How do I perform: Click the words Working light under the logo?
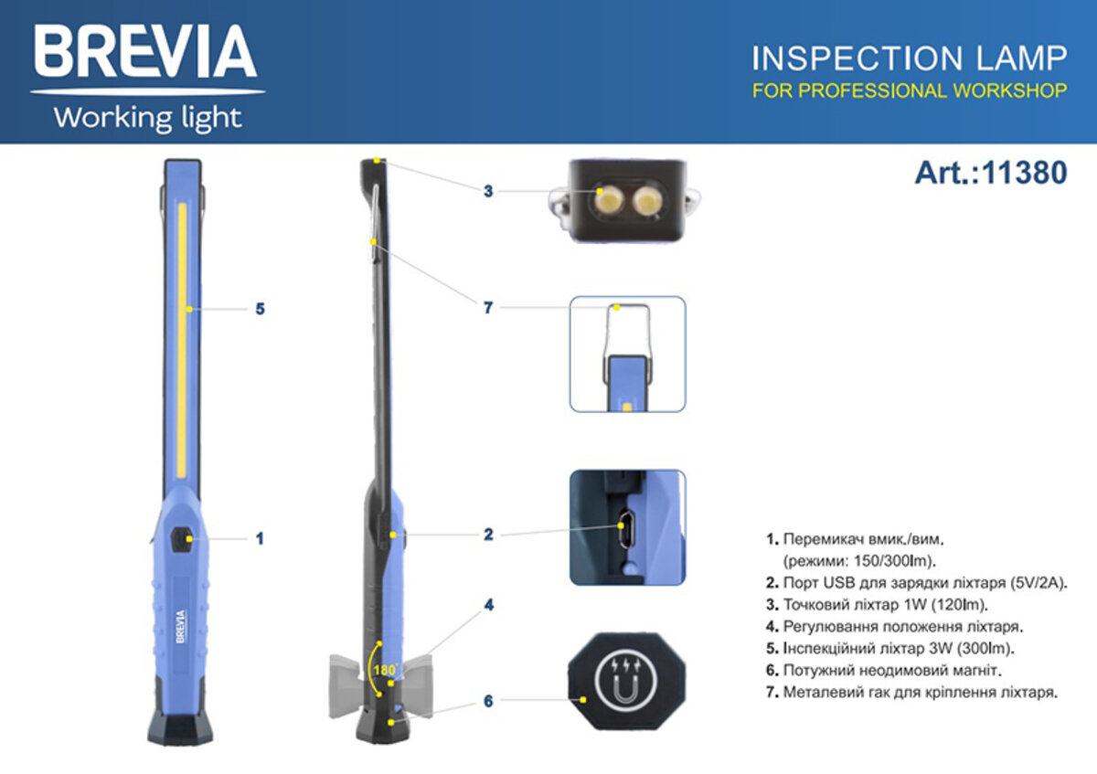tap(147, 118)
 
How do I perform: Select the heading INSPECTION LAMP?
tap(909, 58)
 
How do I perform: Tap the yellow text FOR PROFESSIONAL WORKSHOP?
tap(909, 90)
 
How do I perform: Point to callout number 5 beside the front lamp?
tap(260, 309)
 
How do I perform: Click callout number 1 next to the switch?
tap(260, 539)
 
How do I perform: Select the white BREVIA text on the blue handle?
tap(181, 628)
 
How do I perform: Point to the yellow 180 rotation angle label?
tap(382, 670)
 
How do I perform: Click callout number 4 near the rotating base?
tap(489, 605)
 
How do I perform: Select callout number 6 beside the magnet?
tap(489, 701)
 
